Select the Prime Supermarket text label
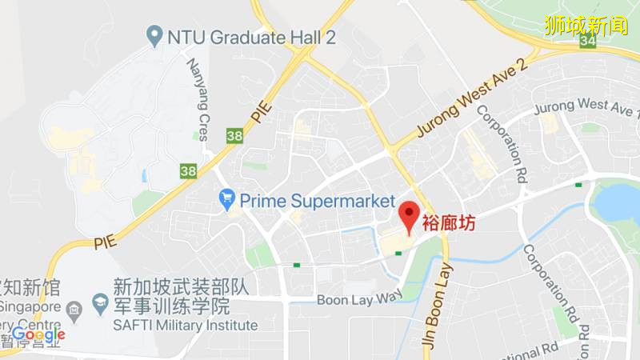pyautogui.click(x=318, y=199)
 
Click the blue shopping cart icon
pyautogui.click(x=227, y=197)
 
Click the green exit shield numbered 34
pyautogui.click(x=590, y=40)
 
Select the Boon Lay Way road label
pyautogui.click(x=359, y=300)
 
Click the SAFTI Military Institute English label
pyautogui.click(x=185, y=325)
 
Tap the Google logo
pyautogui.click(x=37, y=334)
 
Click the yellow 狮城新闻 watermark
pyautogui.click(x=586, y=24)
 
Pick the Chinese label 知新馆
pyautogui.click(x=30, y=285)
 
